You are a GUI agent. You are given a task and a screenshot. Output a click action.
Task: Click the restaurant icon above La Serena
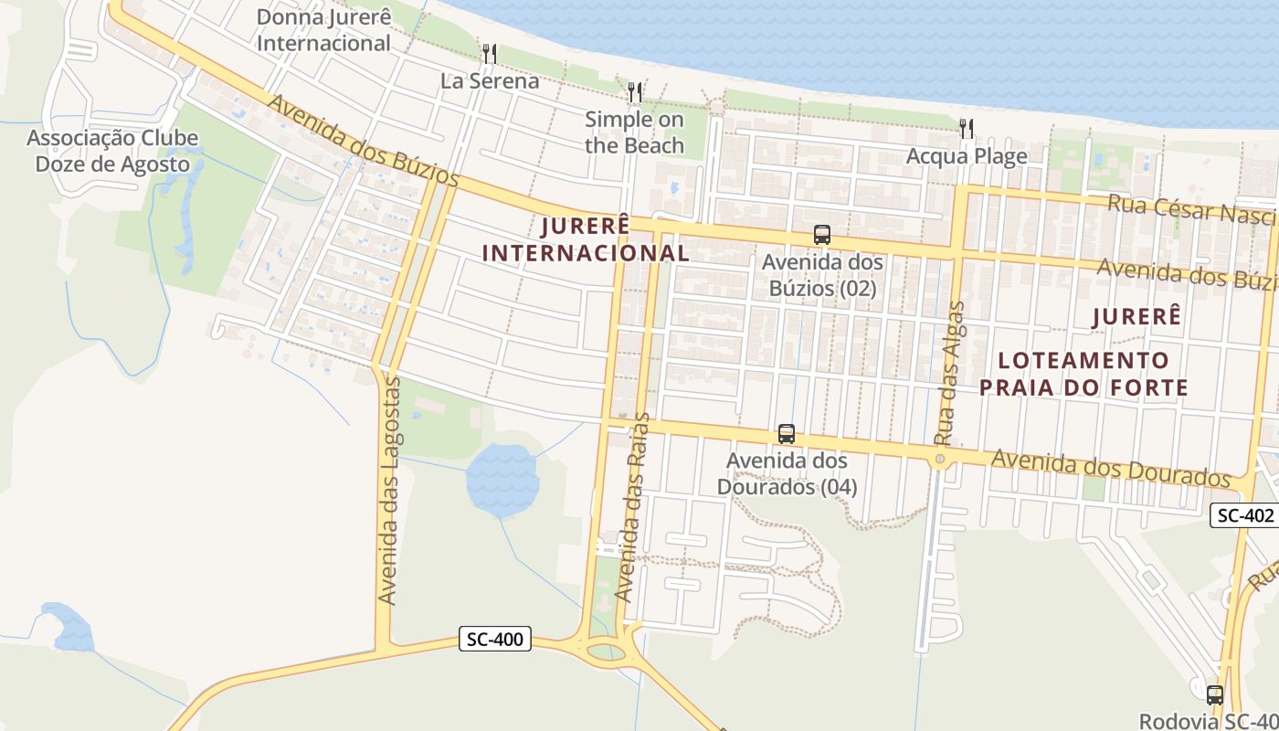pyautogui.click(x=489, y=53)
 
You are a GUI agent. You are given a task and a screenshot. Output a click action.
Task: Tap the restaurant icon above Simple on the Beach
pyautogui.click(x=635, y=91)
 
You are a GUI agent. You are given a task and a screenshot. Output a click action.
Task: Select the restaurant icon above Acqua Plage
pyautogui.click(x=967, y=128)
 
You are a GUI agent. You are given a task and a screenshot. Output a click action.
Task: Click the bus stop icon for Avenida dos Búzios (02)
pyautogui.click(x=822, y=235)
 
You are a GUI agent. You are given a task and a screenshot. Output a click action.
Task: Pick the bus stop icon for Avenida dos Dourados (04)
pyautogui.click(x=787, y=433)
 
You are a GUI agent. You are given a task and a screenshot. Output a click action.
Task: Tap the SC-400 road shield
pyautogui.click(x=494, y=640)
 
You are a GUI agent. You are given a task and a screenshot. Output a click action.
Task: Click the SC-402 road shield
pyautogui.click(x=1243, y=515)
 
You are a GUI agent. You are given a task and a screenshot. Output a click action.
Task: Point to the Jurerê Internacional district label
pyautogui.click(x=586, y=239)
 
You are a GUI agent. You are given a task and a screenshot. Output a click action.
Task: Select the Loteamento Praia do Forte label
pyautogui.click(x=1083, y=374)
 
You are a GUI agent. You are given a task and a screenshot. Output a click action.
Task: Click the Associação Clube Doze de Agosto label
pyautogui.click(x=111, y=152)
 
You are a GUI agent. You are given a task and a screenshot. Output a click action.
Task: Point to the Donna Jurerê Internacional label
pyautogui.click(x=323, y=30)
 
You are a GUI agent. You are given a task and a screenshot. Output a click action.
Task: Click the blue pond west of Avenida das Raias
pyautogui.click(x=502, y=480)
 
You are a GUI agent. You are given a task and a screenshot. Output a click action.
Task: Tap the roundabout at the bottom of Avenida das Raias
pyautogui.click(x=606, y=652)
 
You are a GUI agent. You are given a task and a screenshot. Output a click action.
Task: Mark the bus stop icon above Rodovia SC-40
pyautogui.click(x=1214, y=694)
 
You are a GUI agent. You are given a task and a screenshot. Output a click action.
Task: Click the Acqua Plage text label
pyautogui.click(x=967, y=156)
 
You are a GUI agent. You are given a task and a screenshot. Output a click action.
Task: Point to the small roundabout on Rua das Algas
pyautogui.click(x=940, y=460)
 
